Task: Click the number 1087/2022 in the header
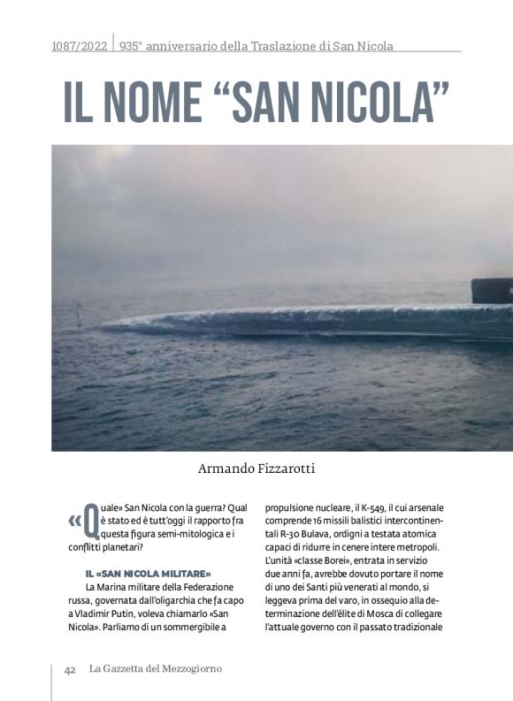pos(80,45)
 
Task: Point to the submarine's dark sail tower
pos(492,290)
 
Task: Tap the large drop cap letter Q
pos(89,522)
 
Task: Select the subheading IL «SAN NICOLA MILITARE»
pos(148,574)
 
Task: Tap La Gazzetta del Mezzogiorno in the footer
pos(155,669)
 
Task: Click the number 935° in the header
pos(131,45)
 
